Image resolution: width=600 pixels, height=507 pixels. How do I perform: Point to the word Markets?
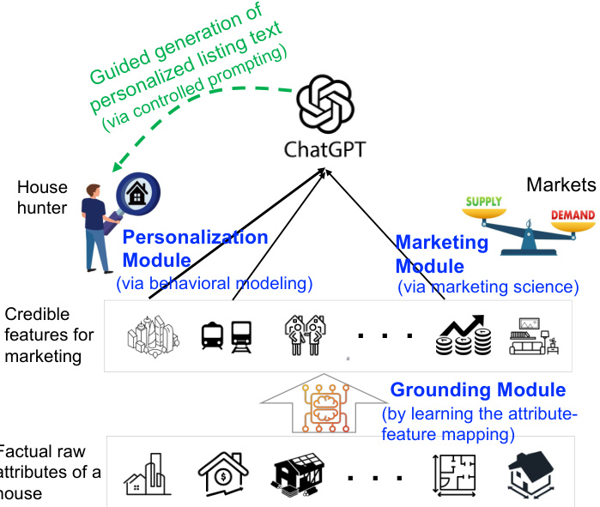[561, 184]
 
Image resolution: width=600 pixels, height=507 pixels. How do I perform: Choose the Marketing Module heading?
[442, 255]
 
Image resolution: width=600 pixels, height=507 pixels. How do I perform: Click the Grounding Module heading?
[478, 389]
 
